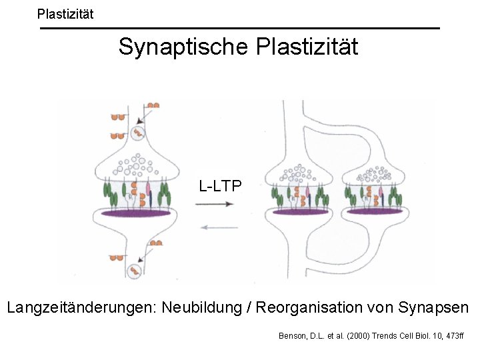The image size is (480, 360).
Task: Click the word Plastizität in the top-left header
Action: pos(65,13)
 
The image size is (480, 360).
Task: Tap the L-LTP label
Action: pos(220,186)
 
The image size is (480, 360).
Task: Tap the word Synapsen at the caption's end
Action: pos(433,308)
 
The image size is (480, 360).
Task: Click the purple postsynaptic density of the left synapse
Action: pos(136,214)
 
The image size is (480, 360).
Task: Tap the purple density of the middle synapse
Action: pos(300,211)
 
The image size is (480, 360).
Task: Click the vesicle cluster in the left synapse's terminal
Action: pos(138,163)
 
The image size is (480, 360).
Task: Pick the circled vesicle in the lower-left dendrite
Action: pos(135,271)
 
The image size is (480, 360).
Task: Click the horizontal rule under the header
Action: pos(240,28)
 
